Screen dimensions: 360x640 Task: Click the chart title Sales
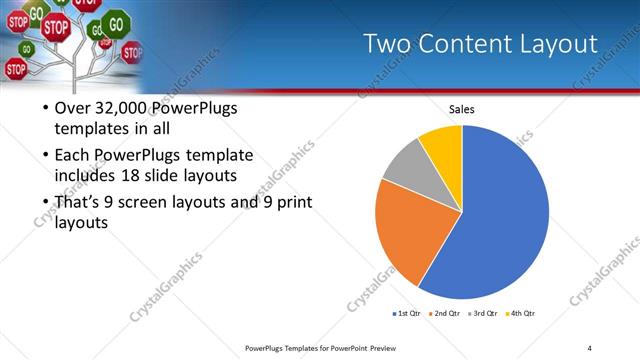click(461, 109)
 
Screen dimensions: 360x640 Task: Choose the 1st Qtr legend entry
click(407, 313)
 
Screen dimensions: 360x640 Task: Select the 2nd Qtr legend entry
click(445, 313)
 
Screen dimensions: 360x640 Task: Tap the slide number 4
click(589, 347)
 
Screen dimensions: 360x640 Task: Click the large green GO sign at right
click(117, 22)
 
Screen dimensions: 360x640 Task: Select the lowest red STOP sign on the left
click(16, 69)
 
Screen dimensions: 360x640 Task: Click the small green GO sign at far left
click(27, 48)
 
